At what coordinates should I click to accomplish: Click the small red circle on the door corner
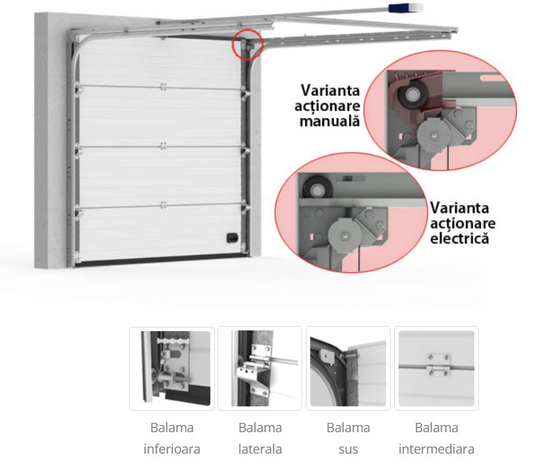point(248,44)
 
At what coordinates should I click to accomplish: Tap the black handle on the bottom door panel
point(232,237)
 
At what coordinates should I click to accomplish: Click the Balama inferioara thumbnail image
point(171,368)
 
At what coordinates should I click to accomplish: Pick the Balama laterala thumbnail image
point(260,368)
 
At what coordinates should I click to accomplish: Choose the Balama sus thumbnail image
point(348,368)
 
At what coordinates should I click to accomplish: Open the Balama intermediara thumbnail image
point(437,368)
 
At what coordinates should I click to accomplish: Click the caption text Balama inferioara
point(172,439)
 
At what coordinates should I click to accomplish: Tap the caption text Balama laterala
point(260,439)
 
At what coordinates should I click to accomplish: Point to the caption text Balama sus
point(348,439)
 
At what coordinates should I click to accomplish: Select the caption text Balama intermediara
point(437,439)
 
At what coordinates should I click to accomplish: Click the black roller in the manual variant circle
point(414,95)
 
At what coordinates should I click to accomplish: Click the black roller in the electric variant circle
point(313,189)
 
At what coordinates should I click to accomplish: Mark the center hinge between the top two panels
point(164,87)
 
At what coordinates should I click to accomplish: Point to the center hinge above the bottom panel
point(164,205)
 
